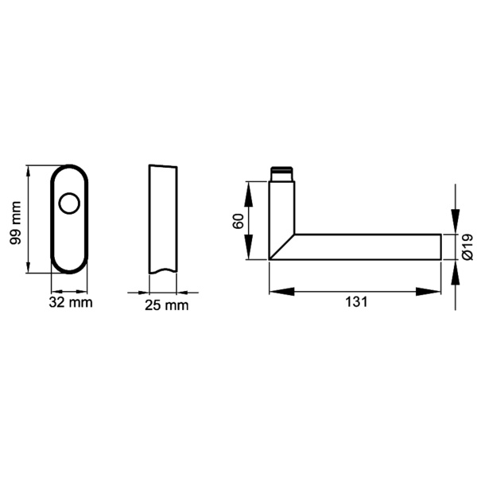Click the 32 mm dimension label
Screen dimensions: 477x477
pos(70,302)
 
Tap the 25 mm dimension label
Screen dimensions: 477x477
pos(167,305)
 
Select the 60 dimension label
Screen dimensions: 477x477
pos(238,221)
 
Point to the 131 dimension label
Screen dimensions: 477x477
pos(356,303)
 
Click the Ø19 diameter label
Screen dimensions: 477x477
pos(468,246)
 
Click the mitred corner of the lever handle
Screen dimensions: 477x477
pos(282,246)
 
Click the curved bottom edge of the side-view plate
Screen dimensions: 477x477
pos(162,272)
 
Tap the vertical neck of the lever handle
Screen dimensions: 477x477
pos(282,207)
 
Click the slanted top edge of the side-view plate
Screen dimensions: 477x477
pos(162,166)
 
